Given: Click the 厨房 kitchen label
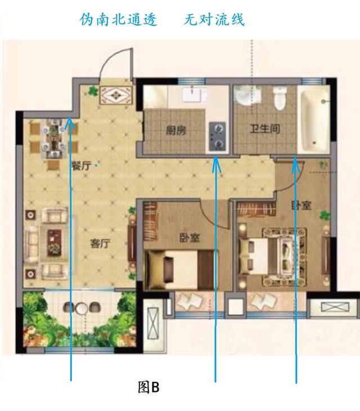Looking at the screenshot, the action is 176,130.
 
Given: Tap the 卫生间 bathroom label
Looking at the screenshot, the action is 264,129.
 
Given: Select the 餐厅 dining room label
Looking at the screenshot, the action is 82,166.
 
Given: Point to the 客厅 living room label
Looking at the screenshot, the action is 100,244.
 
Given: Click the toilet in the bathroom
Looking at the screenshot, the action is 280,99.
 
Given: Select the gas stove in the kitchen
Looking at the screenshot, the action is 217,136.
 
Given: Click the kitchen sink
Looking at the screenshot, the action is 193,95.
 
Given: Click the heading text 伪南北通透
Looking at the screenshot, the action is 118,19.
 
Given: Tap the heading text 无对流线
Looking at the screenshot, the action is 214,19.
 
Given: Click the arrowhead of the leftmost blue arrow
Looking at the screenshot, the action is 69,123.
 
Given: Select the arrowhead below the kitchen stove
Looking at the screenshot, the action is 215,164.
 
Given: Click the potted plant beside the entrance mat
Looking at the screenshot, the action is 93,91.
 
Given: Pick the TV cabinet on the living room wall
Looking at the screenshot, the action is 131,243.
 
